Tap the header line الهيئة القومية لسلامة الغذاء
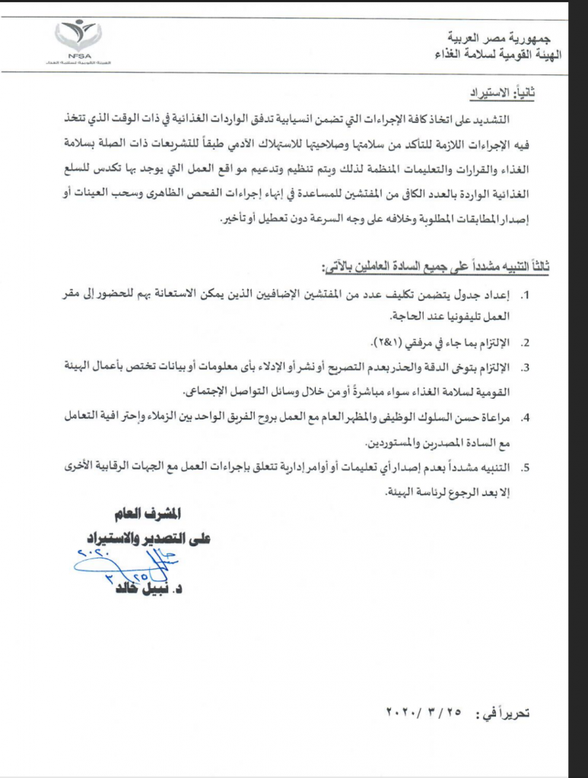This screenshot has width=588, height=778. pyautogui.click(x=491, y=54)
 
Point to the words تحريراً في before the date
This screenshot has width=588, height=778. pyautogui.click(x=501, y=713)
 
